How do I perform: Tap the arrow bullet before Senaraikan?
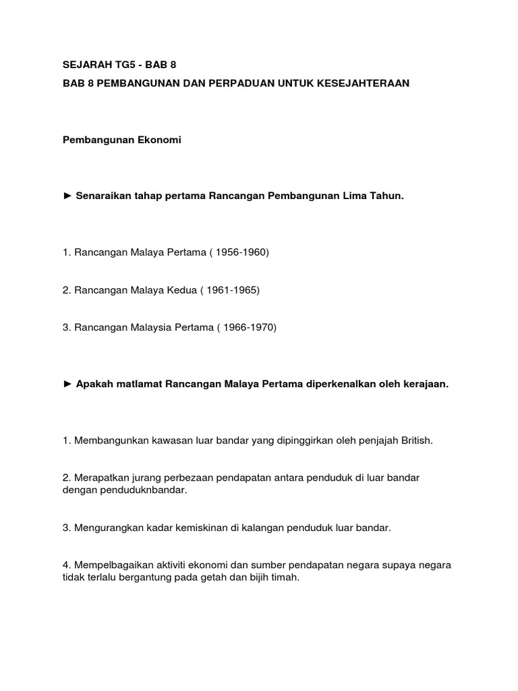click(67, 196)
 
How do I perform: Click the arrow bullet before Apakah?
click(67, 384)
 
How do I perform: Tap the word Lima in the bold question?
click(350, 196)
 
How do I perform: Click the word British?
click(415, 441)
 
